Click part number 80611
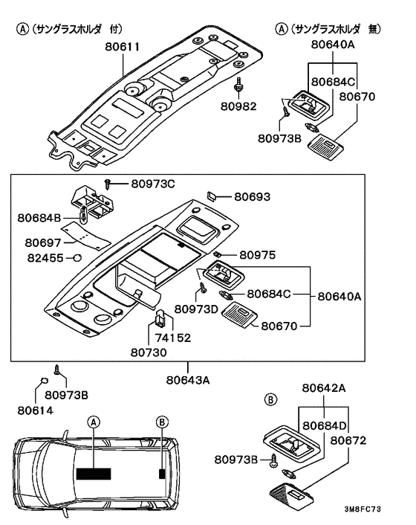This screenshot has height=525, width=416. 122,46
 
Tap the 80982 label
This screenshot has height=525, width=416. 238,106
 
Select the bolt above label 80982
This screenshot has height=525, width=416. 238,85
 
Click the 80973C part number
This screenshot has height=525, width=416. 153,184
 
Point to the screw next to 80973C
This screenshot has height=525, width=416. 108,183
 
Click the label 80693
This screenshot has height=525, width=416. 252,196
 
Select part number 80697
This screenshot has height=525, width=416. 43,242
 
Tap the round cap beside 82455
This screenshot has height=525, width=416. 77,258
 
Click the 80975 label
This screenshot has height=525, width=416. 258,255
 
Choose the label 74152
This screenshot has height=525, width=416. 173,338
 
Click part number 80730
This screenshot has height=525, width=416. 149,352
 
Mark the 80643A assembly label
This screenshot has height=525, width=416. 188,380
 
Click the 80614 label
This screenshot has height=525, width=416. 36,410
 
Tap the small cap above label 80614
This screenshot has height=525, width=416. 44,381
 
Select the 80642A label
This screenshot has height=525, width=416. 324,387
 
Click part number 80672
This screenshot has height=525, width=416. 348,440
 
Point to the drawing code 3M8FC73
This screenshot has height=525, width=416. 363,509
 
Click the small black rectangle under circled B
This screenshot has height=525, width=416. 162,474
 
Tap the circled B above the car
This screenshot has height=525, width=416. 162,422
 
